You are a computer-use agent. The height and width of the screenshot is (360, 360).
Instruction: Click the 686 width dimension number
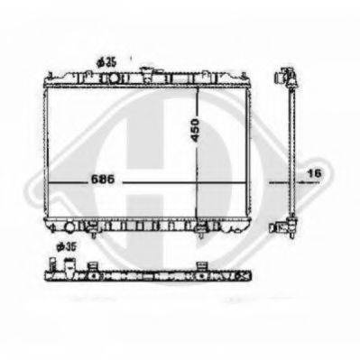coord(103,180)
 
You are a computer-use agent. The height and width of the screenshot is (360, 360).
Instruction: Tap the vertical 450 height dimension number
coord(195,130)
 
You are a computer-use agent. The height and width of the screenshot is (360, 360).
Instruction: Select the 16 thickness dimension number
coord(314,173)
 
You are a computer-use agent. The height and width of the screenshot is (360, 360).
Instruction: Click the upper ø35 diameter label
coord(106,62)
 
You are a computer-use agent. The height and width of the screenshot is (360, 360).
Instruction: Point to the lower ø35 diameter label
coord(66,246)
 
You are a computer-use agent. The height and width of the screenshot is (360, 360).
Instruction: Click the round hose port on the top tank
coord(114,78)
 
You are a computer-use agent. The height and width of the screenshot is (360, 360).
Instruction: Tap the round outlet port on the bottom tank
coord(69,226)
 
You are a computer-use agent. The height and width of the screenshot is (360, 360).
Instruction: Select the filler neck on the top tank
coord(146,74)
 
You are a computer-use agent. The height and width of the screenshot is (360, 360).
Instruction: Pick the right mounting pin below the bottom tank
coord(200,233)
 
